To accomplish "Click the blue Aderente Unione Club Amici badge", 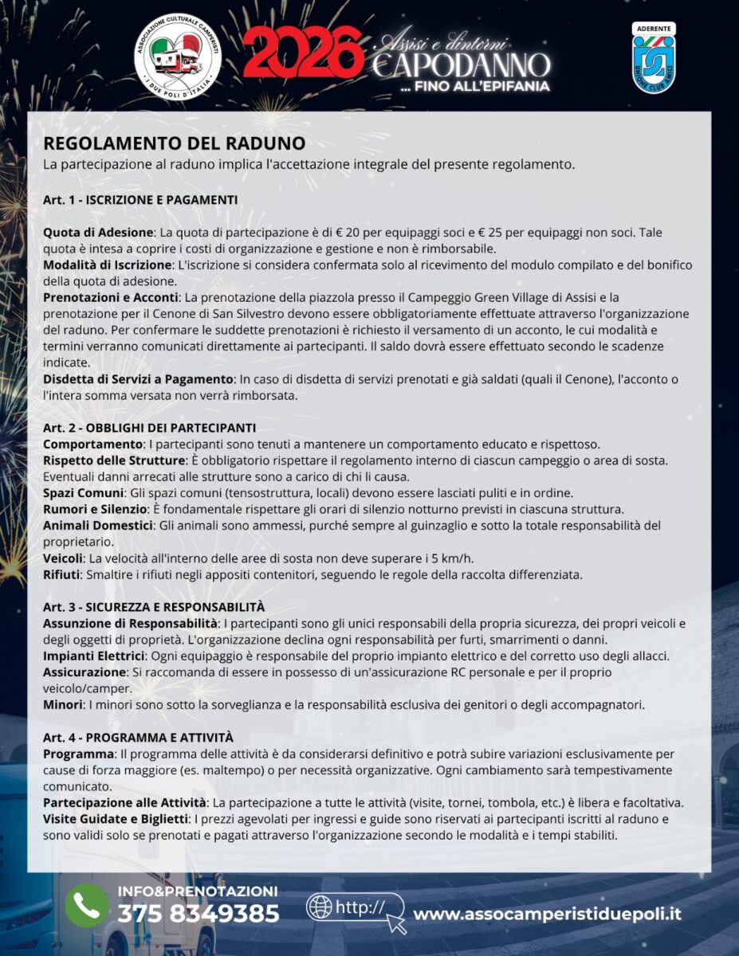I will [x=653, y=57].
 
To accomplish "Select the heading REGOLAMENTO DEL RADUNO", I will [x=174, y=143].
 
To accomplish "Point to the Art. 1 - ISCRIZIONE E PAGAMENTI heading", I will [x=140, y=199].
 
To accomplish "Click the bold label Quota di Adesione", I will [x=98, y=233].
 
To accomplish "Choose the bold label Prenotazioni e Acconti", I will [x=111, y=297].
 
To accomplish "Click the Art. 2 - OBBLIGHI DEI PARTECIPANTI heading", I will [x=149, y=428].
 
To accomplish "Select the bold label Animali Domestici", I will [x=98, y=526].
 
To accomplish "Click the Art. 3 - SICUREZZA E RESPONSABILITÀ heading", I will [x=154, y=607].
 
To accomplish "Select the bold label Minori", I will [x=63, y=704].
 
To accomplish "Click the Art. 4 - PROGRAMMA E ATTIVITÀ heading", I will [x=138, y=738].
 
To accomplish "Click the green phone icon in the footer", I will [x=87, y=905].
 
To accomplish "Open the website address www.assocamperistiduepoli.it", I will [x=547, y=914].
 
